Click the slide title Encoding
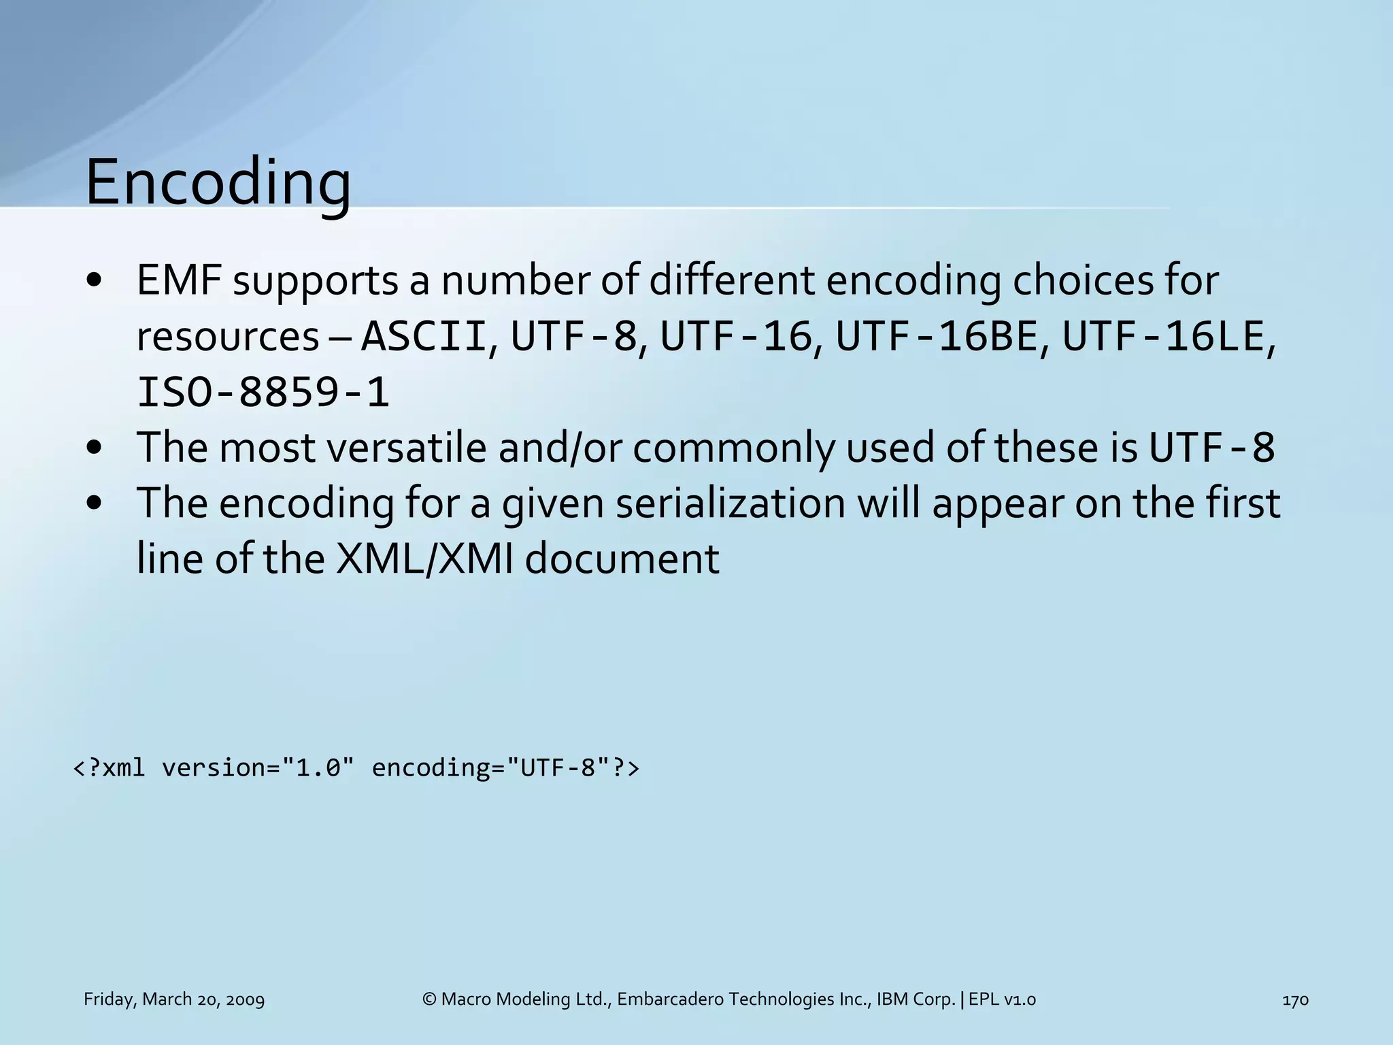[x=218, y=182]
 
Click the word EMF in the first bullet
[x=179, y=280]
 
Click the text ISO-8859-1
[x=263, y=393]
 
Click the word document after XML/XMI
[x=622, y=559]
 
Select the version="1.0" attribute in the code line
[x=258, y=767]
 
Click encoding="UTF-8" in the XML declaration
[x=490, y=767]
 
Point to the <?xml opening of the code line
[x=109, y=767]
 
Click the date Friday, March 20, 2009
[x=174, y=999]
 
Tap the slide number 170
[x=1295, y=999]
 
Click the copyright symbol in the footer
[x=429, y=999]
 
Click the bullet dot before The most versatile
[x=95, y=448]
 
